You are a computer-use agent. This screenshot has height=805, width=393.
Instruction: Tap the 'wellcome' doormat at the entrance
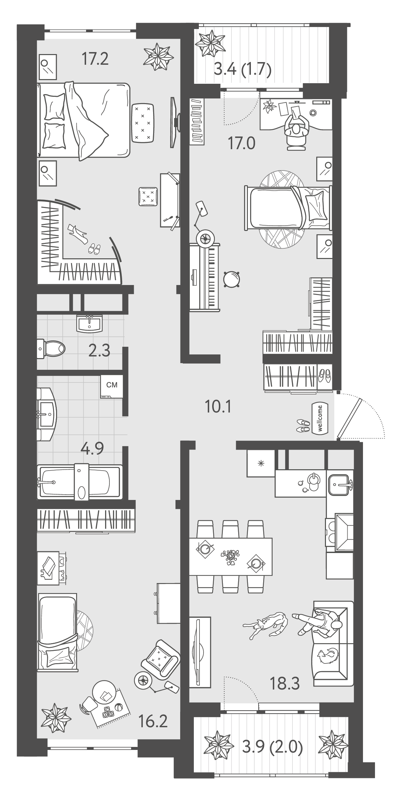tap(320, 419)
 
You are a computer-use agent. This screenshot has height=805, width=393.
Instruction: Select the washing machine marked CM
tap(111, 386)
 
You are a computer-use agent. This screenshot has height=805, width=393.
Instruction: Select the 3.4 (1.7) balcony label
tap(242, 70)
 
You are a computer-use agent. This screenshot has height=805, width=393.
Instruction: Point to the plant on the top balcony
tap(210, 43)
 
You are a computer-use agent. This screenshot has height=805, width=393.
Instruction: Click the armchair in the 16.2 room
tap(161, 657)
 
